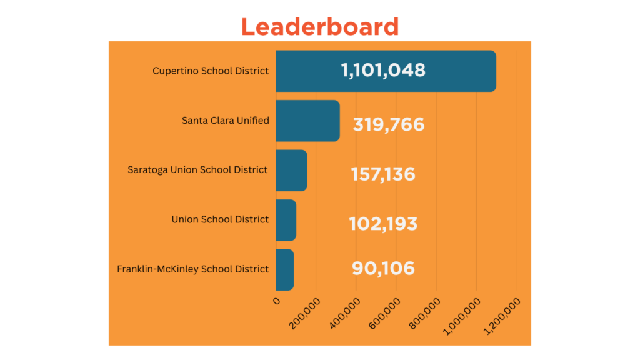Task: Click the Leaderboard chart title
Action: pos(319,27)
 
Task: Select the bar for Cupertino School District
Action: pos(386,71)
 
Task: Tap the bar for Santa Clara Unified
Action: pos(307,121)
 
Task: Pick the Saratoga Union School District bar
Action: pos(291,170)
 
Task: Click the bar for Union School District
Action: pos(286,220)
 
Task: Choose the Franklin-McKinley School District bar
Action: pos(284,269)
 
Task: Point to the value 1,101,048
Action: pos(383,70)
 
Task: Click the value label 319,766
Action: pos(389,124)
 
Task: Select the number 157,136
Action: pos(382,174)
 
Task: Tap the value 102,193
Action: pos(383,223)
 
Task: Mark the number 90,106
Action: pos(383,268)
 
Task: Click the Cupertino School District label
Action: pos(211,71)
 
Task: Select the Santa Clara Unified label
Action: pos(225,120)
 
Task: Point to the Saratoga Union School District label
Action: pos(197,169)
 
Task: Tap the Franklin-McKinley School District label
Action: pos(192,269)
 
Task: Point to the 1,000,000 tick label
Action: pos(464,314)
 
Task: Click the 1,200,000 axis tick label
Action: pos(504,314)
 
